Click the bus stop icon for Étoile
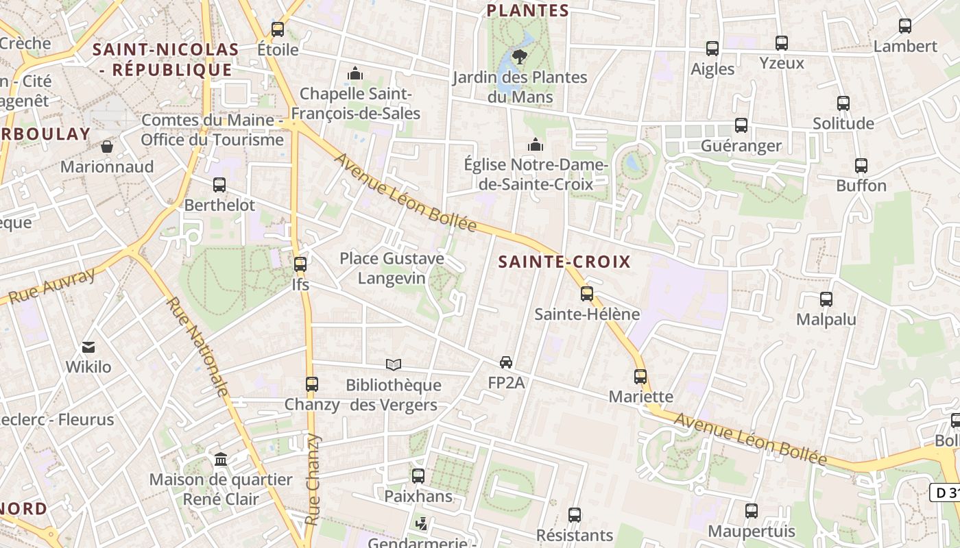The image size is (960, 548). click(278, 29)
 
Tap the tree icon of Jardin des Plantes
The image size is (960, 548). click(520, 56)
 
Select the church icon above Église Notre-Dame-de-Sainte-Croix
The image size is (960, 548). click(536, 145)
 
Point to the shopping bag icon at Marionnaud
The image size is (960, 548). click(107, 147)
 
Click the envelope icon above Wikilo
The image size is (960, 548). click(88, 347)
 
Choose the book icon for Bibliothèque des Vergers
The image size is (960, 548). click(394, 364)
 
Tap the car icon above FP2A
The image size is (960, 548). click(506, 362)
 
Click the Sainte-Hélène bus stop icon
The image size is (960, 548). click(587, 294)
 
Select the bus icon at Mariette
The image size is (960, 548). click(640, 377)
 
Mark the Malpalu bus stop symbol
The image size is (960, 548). click(826, 299)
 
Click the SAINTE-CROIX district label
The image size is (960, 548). click(564, 262)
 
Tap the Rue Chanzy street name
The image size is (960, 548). click(313, 480)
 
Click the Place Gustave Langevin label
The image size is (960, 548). click(392, 269)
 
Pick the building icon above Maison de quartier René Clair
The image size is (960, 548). click(221, 459)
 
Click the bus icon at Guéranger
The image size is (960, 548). click(741, 125)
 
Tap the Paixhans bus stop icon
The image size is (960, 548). click(418, 475)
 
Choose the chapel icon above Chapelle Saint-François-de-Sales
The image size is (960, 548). click(355, 73)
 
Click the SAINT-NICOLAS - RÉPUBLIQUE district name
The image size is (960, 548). click(165, 60)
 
